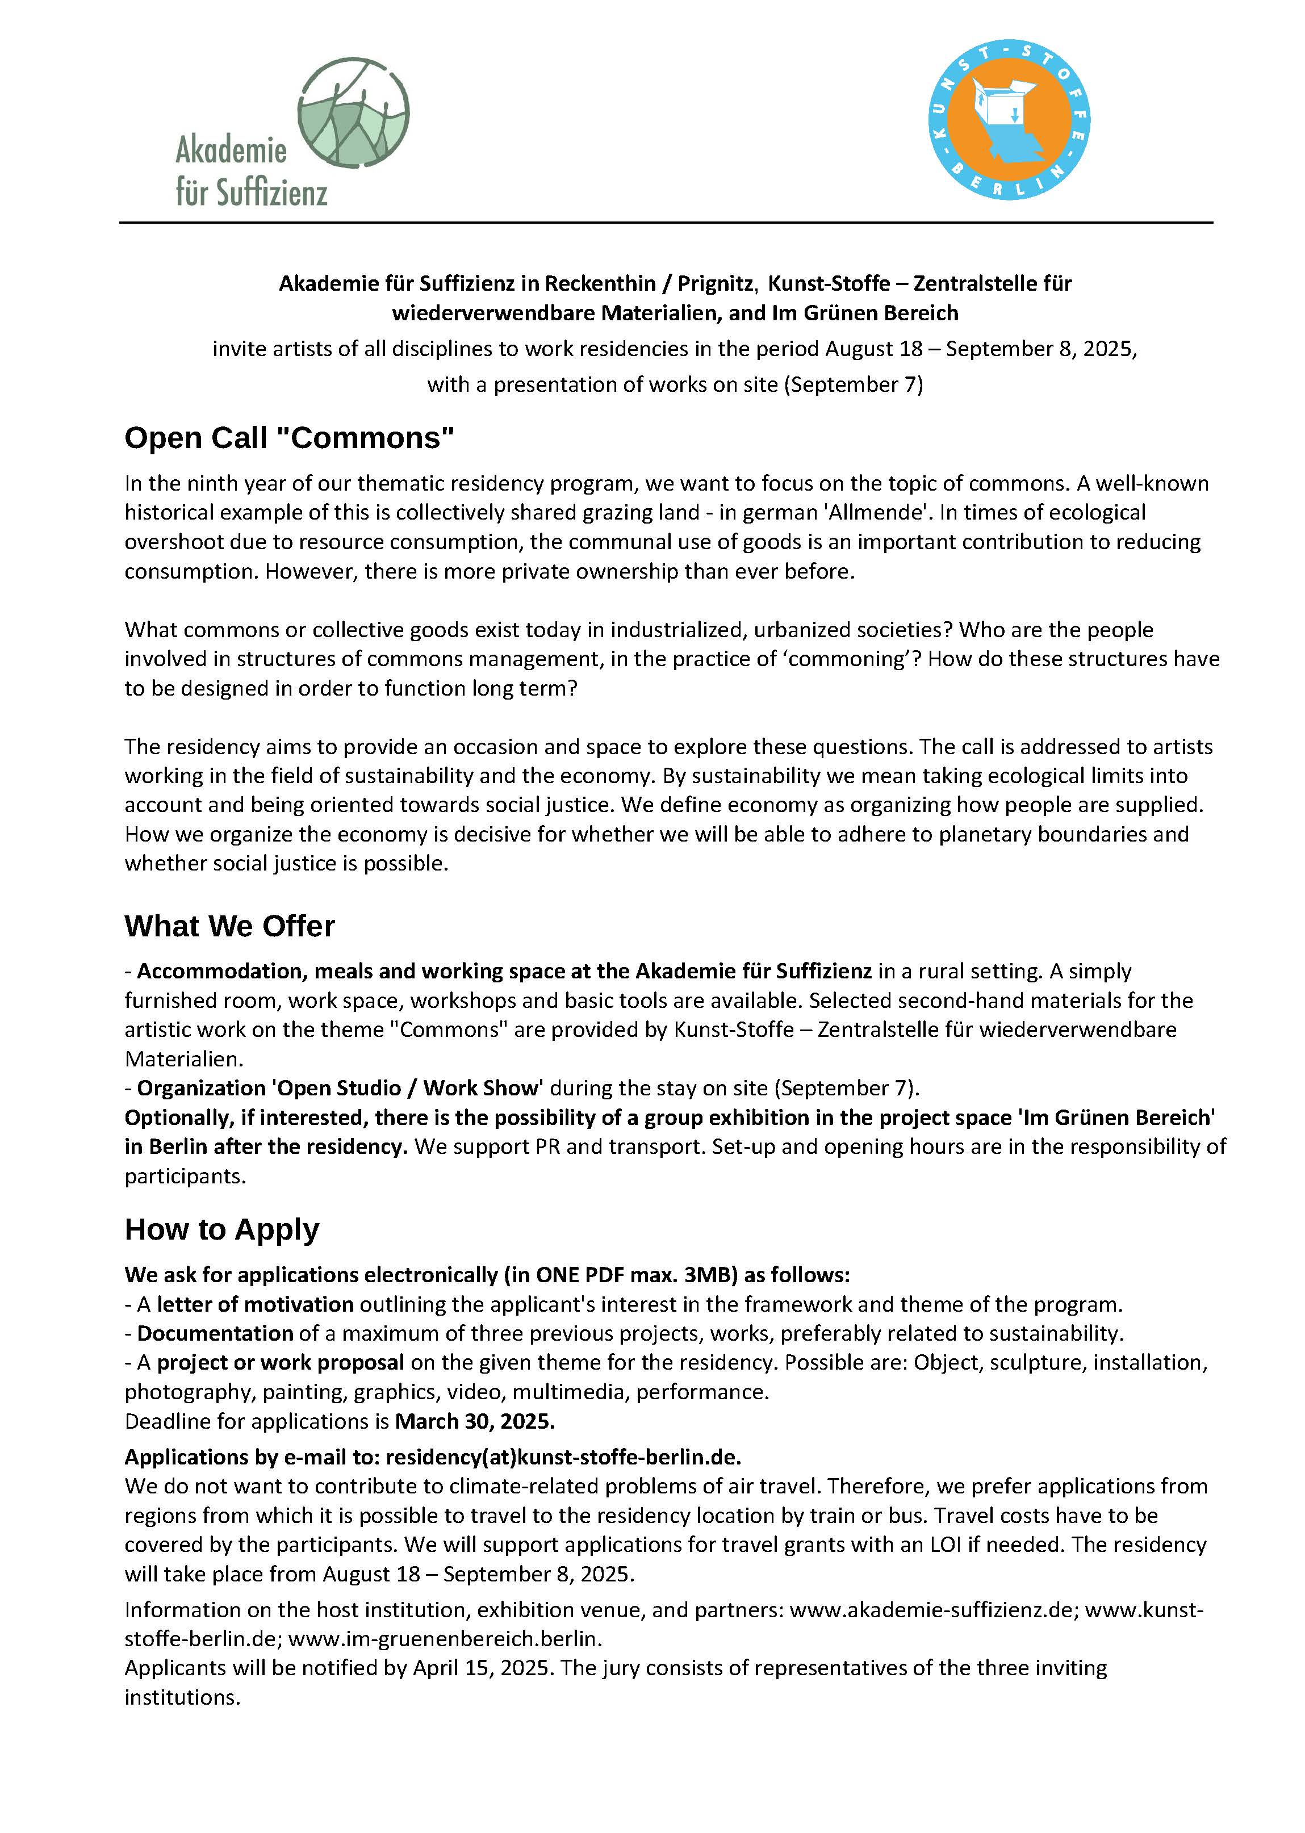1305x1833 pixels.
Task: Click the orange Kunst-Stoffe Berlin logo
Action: [1009, 120]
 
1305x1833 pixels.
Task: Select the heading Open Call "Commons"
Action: [289, 438]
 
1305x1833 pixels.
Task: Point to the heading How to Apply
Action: [222, 1229]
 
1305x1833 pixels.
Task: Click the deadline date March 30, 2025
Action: [475, 1421]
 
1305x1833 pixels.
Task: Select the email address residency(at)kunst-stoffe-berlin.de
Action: [563, 1458]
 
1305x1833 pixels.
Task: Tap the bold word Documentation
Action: [215, 1334]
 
